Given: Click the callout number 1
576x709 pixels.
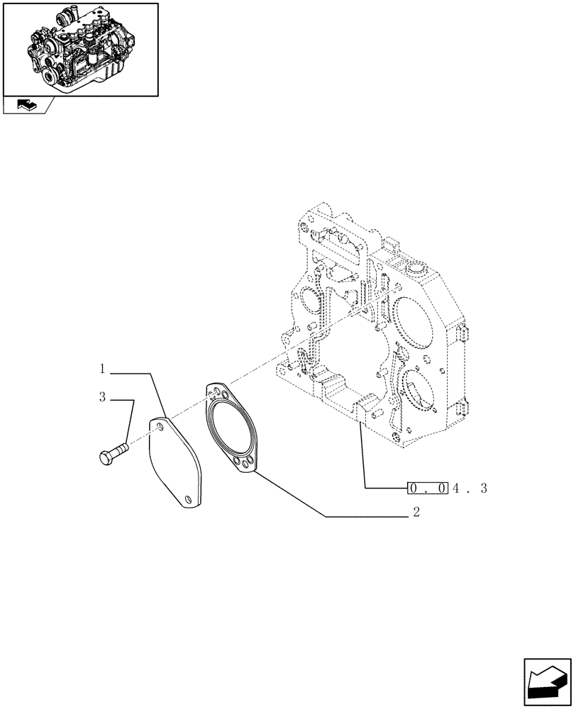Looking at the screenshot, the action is tap(103, 369).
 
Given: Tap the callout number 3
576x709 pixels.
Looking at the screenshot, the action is tap(103, 398).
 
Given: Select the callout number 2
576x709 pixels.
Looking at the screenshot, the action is tap(416, 513).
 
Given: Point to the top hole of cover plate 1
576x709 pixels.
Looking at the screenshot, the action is tap(160, 427).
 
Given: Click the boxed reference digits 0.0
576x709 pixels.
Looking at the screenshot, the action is tap(427, 489).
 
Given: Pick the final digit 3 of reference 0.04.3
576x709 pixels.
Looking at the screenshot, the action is tap(483, 489).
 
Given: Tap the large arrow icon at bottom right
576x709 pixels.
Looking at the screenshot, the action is tap(548, 684).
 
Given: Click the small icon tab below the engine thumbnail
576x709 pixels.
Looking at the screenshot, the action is tap(27, 106).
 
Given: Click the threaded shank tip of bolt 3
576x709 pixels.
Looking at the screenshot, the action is tap(126, 447).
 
